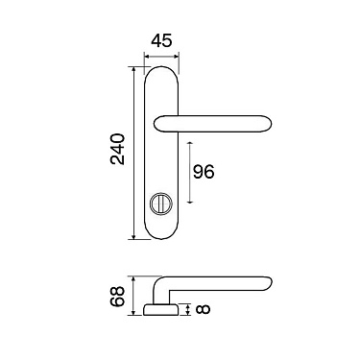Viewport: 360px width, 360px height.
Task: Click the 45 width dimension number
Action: coord(161,41)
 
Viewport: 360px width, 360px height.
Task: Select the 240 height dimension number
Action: coord(117,149)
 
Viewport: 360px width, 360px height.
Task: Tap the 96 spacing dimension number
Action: coord(204,172)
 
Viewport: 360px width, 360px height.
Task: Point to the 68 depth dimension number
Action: coord(117,297)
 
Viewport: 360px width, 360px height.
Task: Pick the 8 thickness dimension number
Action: coord(203,309)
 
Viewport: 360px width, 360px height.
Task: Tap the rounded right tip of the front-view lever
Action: coord(268,124)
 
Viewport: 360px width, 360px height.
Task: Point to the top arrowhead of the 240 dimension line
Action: coord(133,70)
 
